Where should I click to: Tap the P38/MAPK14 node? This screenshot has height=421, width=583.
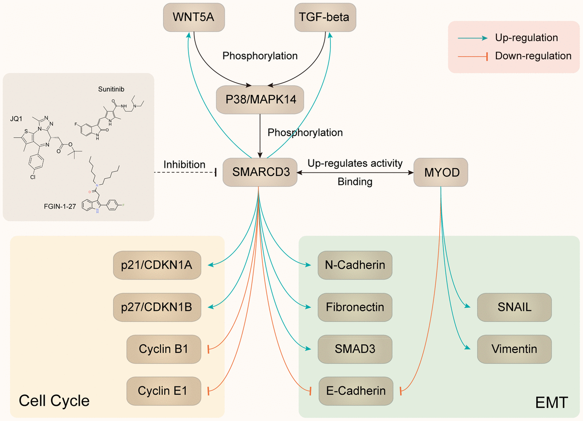pos(260,100)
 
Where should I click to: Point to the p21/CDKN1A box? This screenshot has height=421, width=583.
pos(157,265)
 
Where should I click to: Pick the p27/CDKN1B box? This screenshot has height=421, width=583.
pos(157,307)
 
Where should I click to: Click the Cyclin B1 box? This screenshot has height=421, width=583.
pos(163,349)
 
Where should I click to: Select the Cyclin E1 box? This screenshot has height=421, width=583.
pos(163,390)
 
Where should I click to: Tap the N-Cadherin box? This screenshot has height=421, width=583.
pos(355,265)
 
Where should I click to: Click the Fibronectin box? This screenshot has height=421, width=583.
pos(355,307)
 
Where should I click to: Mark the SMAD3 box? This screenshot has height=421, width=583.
pos(355,349)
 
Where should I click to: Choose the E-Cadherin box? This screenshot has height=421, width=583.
pos(355,390)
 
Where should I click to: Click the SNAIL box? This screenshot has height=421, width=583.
pos(514,307)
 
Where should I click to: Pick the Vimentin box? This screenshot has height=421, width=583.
pos(514,349)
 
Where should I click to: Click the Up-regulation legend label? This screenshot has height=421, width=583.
pos(526,38)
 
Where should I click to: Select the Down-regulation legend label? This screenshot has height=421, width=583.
pos(533,56)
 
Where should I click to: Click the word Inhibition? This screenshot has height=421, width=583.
pos(185,165)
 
